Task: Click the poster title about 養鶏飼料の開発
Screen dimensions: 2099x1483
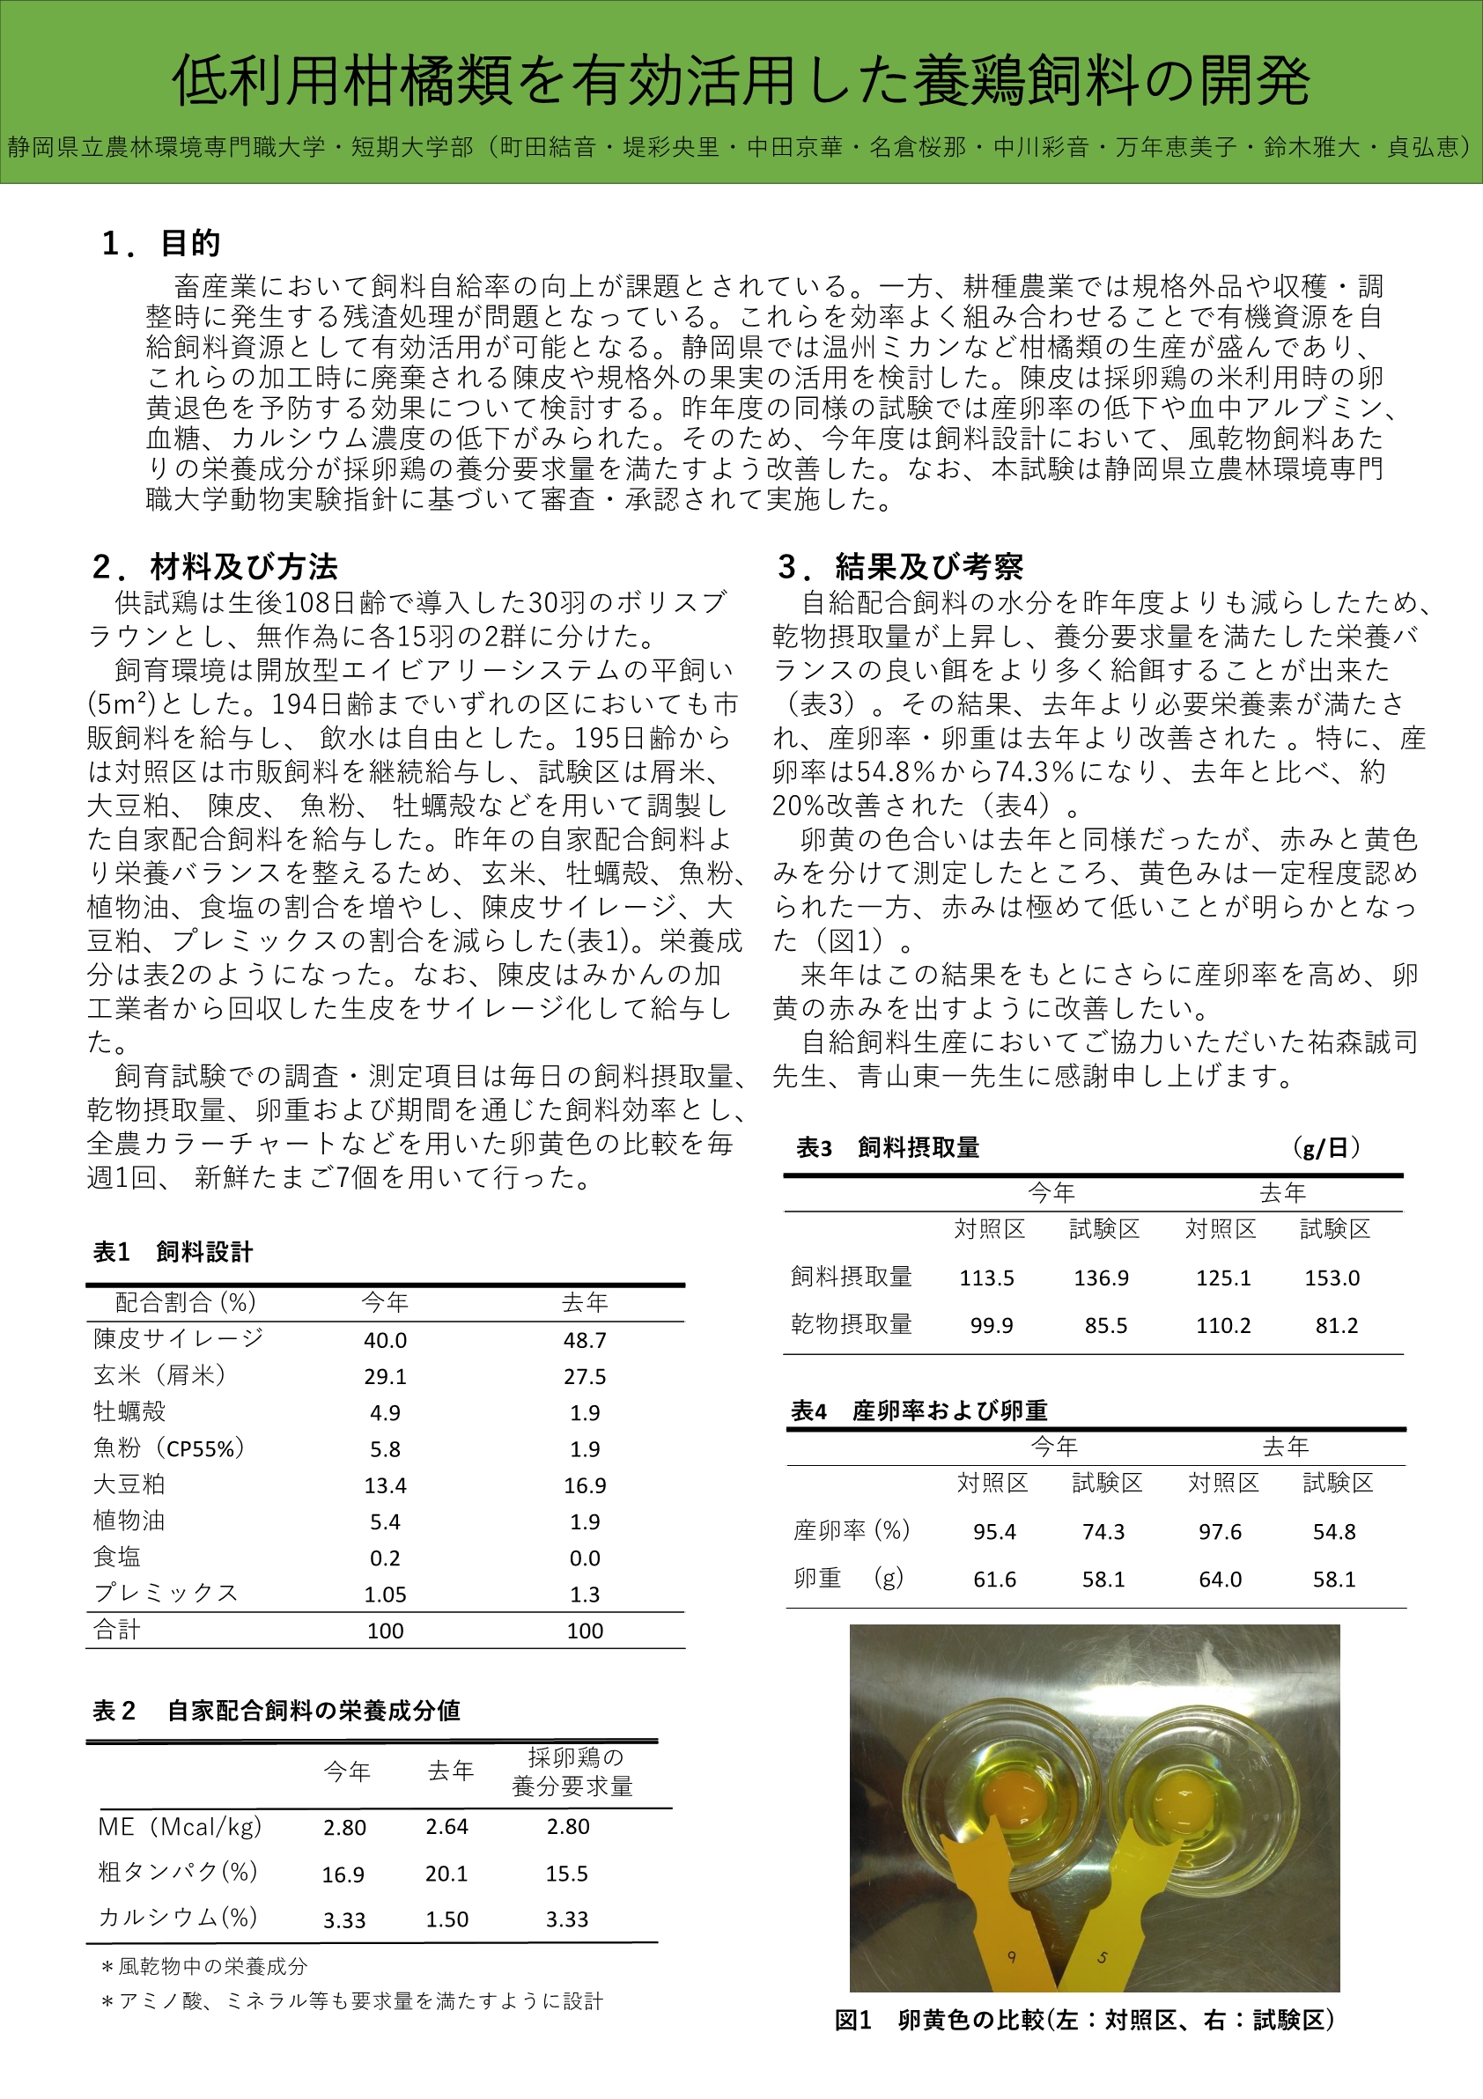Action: (741, 80)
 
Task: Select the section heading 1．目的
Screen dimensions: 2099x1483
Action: (161, 243)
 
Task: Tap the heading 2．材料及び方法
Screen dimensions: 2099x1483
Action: (215, 567)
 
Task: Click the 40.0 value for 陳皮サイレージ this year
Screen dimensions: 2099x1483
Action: (385, 1340)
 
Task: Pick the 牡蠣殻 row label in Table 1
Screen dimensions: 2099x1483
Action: (129, 1411)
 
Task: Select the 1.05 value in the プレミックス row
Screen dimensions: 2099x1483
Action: (385, 1595)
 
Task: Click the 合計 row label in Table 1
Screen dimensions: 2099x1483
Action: (116, 1630)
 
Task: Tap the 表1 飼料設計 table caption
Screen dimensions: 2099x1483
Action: (173, 1251)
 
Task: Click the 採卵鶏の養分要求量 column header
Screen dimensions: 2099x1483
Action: (572, 1771)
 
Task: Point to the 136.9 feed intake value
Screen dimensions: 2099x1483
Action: (1101, 1278)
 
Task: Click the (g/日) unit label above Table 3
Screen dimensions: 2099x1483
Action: (1325, 1147)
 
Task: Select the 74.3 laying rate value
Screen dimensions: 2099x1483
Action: (1103, 1532)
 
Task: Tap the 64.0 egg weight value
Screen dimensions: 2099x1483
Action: (1220, 1580)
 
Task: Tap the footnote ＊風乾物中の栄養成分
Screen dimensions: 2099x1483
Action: (205, 1966)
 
